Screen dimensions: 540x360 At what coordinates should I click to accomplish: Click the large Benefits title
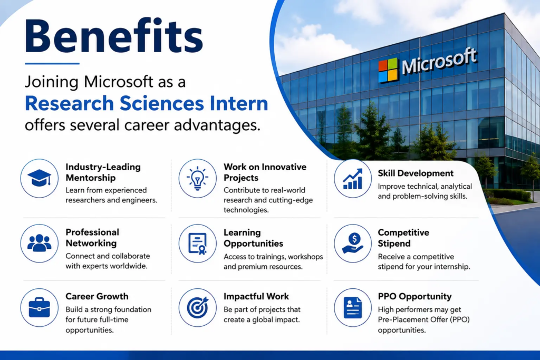(114, 36)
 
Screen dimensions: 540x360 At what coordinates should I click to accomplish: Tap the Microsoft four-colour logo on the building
(388, 70)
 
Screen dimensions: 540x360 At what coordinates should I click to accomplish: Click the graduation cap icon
(39, 178)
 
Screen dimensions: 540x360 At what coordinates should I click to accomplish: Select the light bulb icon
(197, 178)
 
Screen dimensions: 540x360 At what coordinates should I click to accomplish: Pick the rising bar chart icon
(353, 179)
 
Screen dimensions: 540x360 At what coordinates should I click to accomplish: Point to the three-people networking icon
(39, 243)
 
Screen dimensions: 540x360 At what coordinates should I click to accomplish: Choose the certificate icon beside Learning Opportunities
(198, 244)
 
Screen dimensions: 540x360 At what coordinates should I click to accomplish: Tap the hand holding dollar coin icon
(353, 243)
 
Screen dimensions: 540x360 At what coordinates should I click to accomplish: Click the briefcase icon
(39, 307)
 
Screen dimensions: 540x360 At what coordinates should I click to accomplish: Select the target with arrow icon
(198, 307)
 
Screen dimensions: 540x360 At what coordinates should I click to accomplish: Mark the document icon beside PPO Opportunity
(353, 307)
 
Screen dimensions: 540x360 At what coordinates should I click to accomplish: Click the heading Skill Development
(416, 173)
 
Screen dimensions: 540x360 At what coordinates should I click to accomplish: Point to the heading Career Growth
(97, 296)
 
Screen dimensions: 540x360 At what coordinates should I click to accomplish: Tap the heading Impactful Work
(256, 296)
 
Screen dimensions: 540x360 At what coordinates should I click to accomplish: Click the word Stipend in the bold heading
(394, 244)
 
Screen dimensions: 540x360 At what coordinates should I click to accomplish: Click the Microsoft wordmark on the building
(439, 61)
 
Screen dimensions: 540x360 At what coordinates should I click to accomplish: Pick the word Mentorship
(91, 178)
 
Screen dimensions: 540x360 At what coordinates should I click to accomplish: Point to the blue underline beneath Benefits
(52, 63)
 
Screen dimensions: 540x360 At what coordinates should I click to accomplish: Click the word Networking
(91, 244)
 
